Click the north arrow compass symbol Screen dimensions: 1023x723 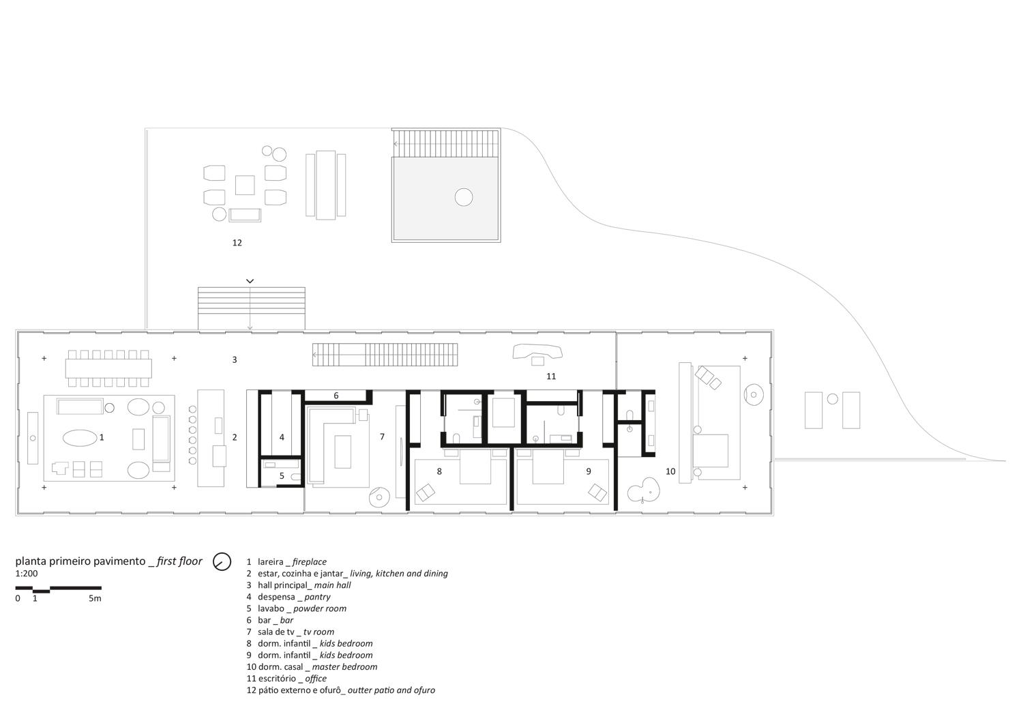(x=222, y=562)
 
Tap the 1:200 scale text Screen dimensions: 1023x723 (x=27, y=574)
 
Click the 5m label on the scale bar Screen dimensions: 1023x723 (x=95, y=598)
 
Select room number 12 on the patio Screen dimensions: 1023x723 (x=237, y=243)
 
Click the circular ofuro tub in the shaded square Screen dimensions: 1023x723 (x=464, y=197)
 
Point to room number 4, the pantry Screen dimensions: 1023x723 (x=282, y=437)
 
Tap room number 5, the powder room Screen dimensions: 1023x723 (x=282, y=476)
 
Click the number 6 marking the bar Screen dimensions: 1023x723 (x=336, y=396)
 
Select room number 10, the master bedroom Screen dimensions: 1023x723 (x=670, y=471)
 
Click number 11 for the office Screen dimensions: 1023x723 (x=551, y=377)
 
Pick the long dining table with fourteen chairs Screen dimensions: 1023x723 (x=108, y=368)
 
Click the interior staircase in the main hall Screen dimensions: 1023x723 (x=385, y=355)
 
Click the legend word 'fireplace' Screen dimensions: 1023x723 (x=310, y=562)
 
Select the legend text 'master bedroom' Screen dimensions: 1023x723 (x=345, y=667)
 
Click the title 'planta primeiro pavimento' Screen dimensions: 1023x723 (x=80, y=561)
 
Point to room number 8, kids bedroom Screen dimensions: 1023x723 (x=439, y=471)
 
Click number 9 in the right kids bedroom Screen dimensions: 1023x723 (x=589, y=471)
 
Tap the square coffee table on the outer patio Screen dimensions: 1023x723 (x=245, y=185)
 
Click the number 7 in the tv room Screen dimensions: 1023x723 (x=382, y=437)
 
